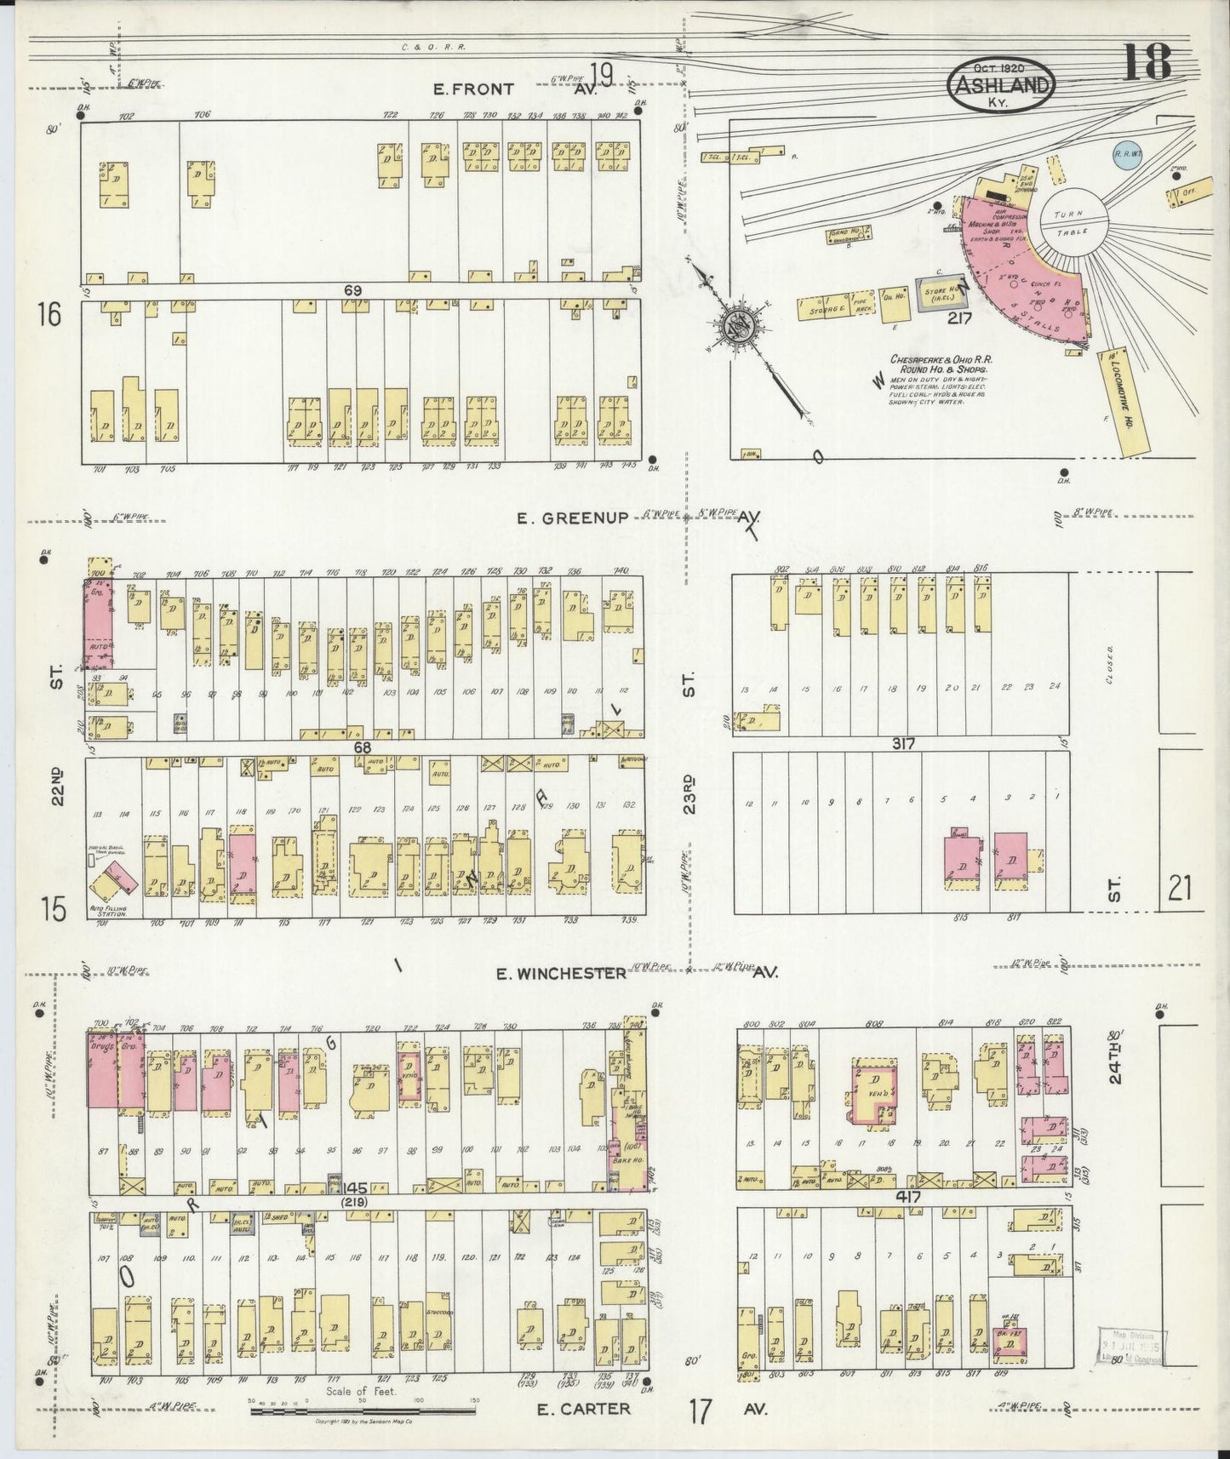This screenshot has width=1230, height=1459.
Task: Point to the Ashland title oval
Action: (1000, 85)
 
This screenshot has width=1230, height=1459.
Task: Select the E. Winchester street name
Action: (561, 972)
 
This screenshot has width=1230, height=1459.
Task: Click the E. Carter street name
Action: (584, 1409)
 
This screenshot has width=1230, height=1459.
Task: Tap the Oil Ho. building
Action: (893, 304)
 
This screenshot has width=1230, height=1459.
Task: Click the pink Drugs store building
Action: (103, 1070)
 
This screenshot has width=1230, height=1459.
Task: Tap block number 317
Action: (903, 743)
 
